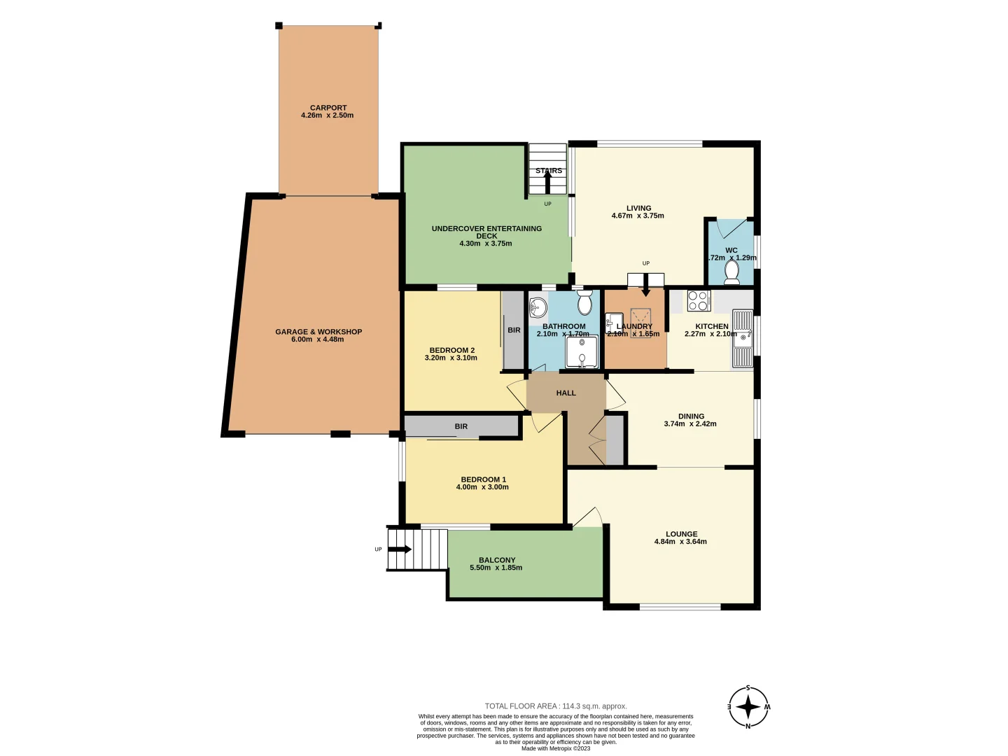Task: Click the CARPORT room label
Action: point(328,108)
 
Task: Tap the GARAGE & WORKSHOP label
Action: point(318,332)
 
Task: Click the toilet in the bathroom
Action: point(584,304)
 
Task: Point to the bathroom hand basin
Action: point(538,307)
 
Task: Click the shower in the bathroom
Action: point(582,352)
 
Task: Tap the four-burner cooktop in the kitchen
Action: point(698,300)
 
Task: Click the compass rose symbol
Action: point(748,707)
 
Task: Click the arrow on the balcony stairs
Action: point(400,549)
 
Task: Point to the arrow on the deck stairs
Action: point(547,182)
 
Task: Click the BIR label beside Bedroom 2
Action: point(514,330)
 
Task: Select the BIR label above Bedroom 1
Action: point(461,426)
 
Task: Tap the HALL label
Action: point(566,393)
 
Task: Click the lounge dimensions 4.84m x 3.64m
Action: point(680,542)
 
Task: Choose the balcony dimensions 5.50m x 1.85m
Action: point(496,568)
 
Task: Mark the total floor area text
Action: point(556,706)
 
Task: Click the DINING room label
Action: point(691,416)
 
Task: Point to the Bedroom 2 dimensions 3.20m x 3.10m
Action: point(451,358)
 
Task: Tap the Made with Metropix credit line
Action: point(556,748)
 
